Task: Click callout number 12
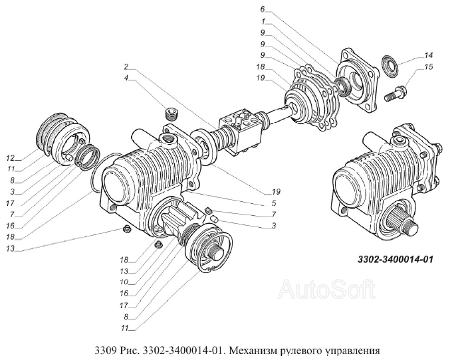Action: pyautogui.click(x=11, y=158)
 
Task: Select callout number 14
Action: pyautogui.click(x=428, y=55)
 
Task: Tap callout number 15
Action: pyautogui.click(x=428, y=67)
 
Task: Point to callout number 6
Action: pyautogui.click(x=263, y=9)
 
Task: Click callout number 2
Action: pyautogui.click(x=126, y=67)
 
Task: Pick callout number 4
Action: pyautogui.click(x=126, y=78)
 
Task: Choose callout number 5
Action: pyautogui.click(x=274, y=203)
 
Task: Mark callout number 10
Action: pyautogui.click(x=124, y=282)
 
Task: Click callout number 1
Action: pyautogui.click(x=263, y=21)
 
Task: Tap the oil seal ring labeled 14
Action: pyautogui.click(x=388, y=66)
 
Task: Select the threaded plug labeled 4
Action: pyautogui.click(x=172, y=114)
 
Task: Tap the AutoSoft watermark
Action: pyautogui.click(x=326, y=289)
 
